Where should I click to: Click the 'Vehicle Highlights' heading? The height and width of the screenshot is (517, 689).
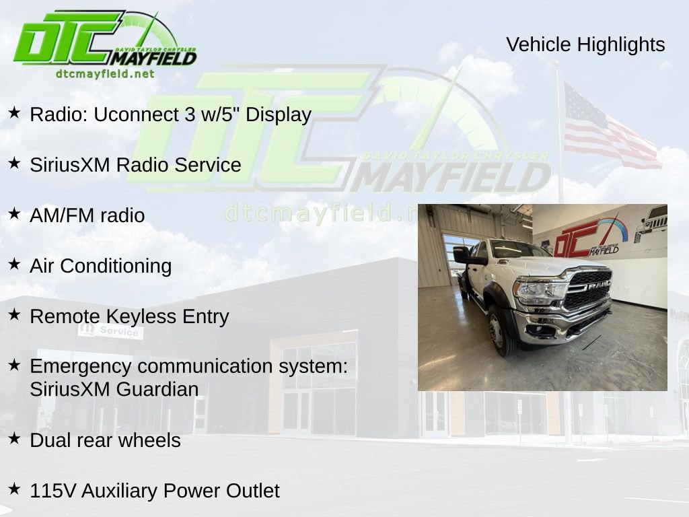click(x=585, y=44)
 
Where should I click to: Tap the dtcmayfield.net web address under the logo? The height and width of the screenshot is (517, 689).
click(x=105, y=73)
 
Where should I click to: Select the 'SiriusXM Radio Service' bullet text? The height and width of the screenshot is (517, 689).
click(x=135, y=165)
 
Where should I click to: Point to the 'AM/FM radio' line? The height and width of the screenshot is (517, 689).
click(x=87, y=215)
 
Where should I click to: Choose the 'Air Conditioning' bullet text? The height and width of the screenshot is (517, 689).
click(x=101, y=266)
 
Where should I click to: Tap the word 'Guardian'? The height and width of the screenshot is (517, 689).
click(x=157, y=389)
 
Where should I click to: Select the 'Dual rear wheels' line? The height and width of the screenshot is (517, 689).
click(x=106, y=440)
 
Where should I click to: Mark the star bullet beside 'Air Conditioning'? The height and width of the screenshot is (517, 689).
click(x=14, y=265)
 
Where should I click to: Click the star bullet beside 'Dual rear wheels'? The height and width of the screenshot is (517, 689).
click(x=14, y=439)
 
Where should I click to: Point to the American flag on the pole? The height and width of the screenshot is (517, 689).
click(x=606, y=128)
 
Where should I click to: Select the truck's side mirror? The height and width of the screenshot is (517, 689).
click(x=462, y=254)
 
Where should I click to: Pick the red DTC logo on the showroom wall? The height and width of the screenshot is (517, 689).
click(x=577, y=239)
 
